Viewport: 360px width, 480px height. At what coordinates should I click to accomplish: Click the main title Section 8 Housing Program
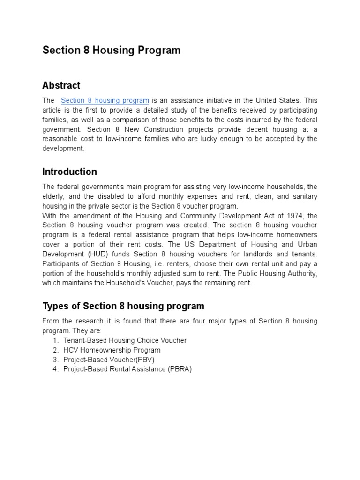(x=111, y=51)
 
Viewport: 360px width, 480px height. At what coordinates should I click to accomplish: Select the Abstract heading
(x=61, y=85)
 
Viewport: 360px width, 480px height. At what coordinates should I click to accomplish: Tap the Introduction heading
(x=69, y=172)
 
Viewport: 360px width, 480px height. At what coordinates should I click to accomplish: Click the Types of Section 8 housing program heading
(x=123, y=306)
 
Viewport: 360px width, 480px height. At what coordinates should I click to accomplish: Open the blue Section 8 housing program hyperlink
(x=105, y=100)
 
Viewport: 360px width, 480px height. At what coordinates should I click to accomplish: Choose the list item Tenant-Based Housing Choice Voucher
(x=125, y=340)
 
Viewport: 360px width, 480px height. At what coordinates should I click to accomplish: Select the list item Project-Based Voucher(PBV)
(x=109, y=360)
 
